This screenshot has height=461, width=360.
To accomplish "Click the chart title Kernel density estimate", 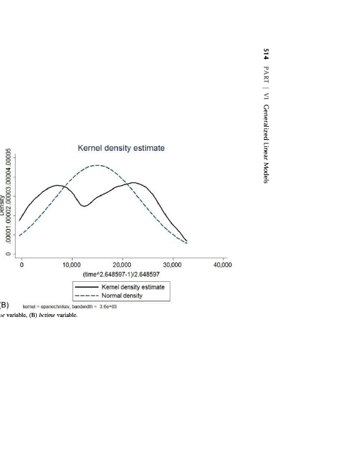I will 121,148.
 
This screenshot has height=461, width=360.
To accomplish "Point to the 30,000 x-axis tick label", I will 172,265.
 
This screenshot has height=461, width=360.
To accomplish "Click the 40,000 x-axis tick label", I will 222,265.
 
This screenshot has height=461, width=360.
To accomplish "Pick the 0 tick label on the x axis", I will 21,265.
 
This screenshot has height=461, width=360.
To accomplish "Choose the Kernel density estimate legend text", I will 133,287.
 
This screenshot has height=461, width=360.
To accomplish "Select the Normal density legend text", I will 122,296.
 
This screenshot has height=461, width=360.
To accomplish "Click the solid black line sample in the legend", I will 85,287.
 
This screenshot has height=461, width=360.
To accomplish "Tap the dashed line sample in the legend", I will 85,296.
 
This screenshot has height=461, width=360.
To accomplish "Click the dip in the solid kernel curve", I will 84,206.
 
